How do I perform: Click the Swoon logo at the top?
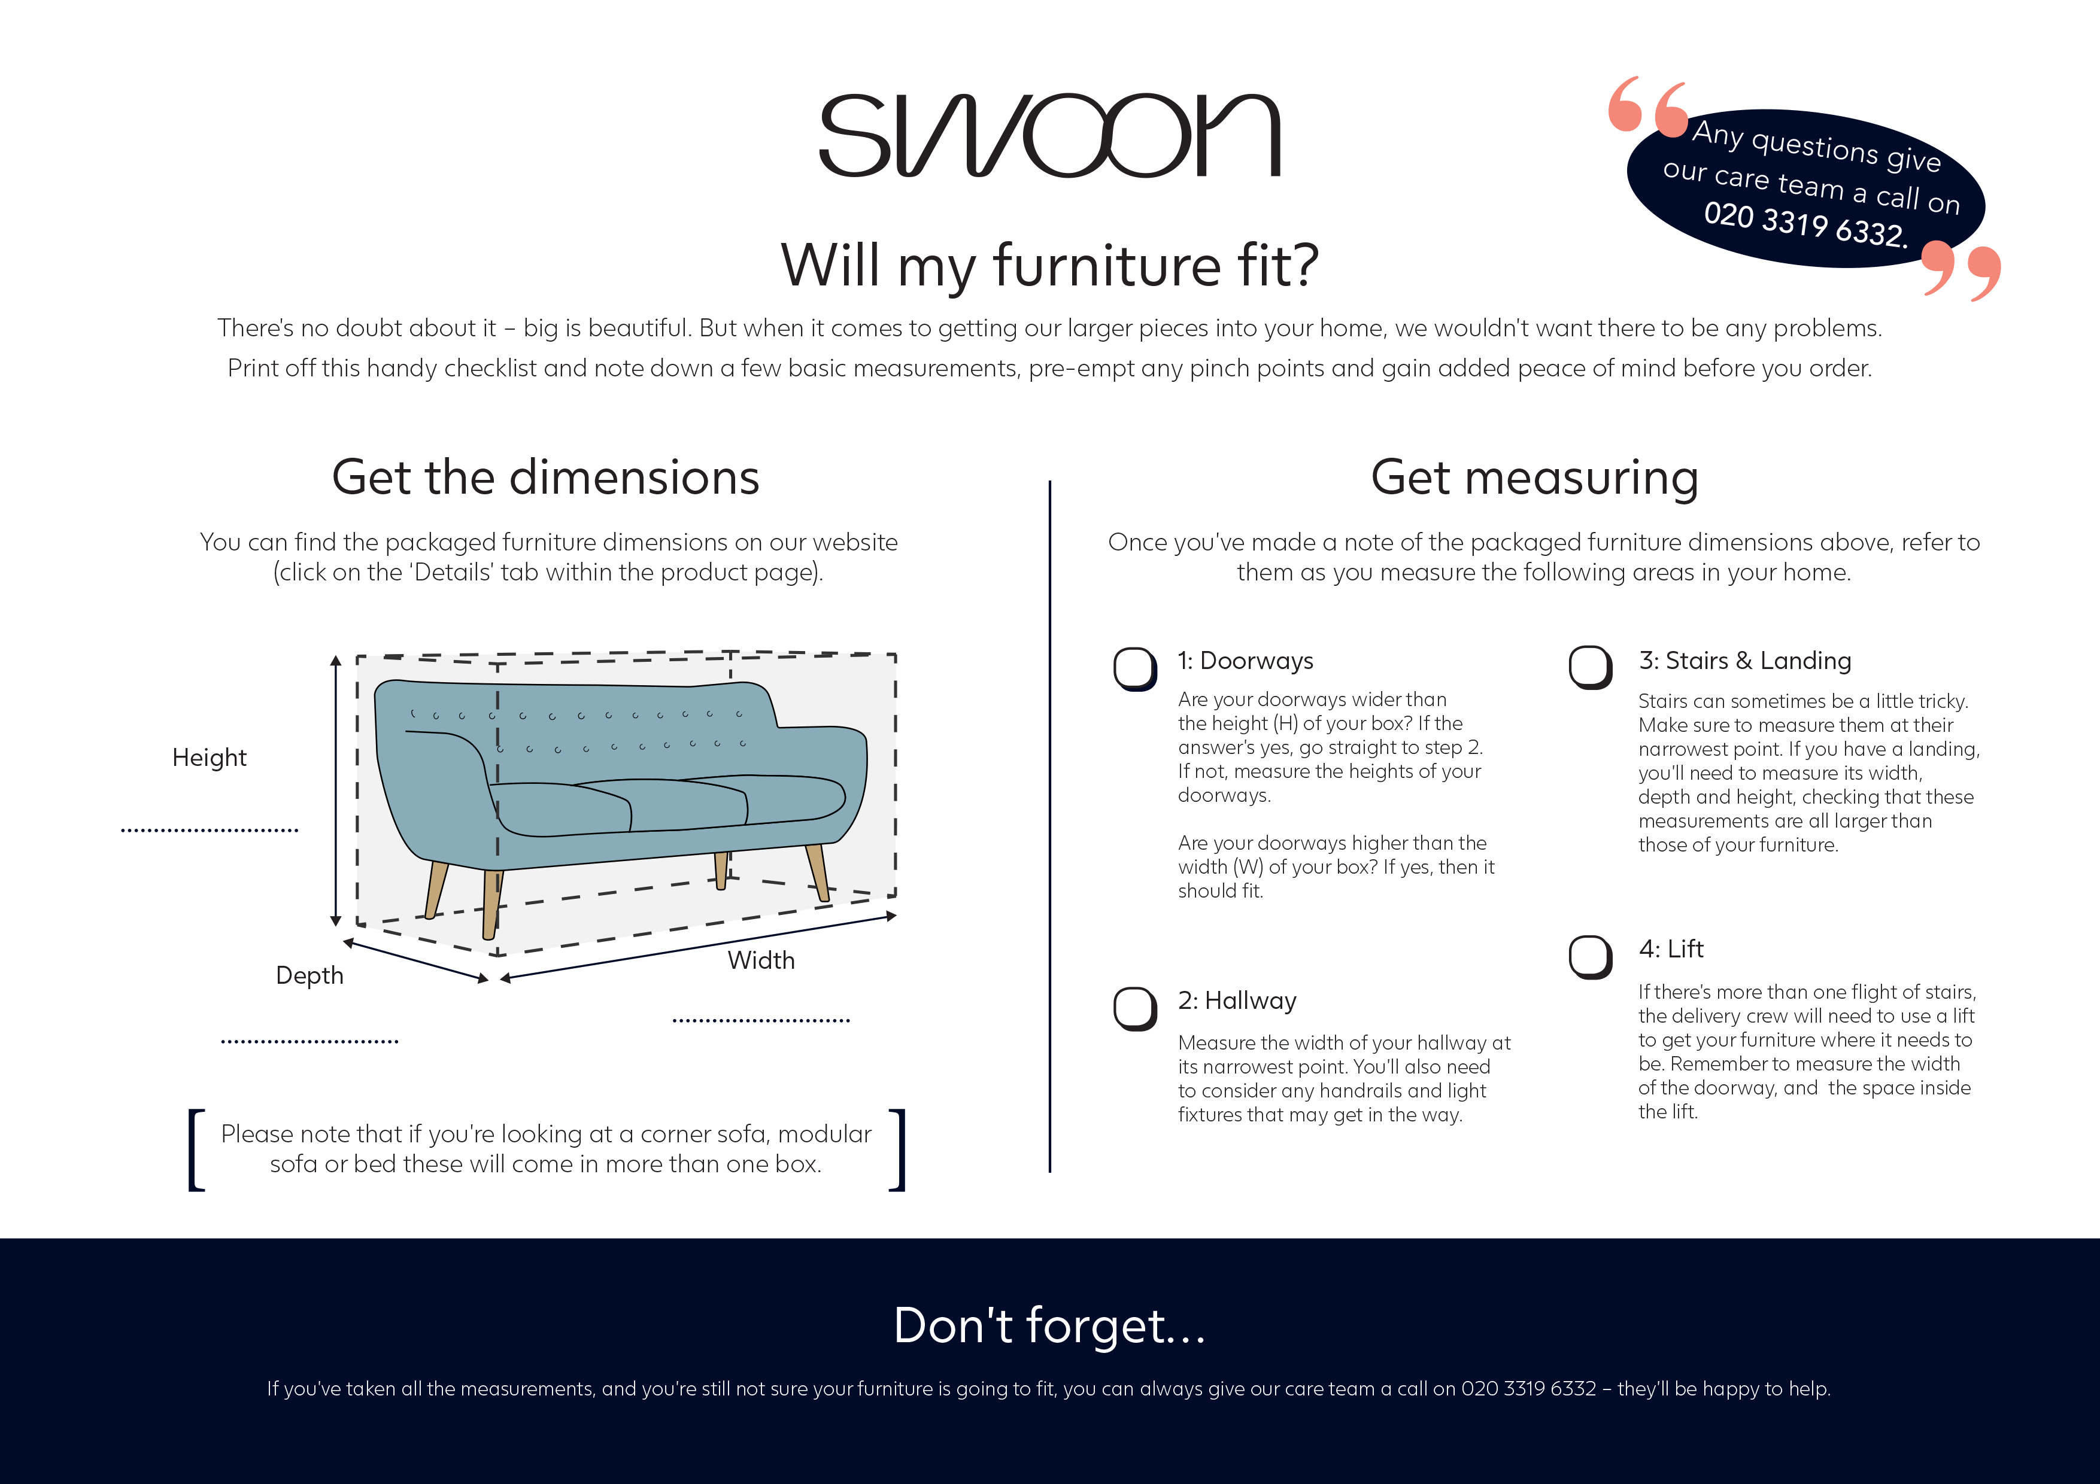(1049, 135)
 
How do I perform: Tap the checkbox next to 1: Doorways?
(1135, 668)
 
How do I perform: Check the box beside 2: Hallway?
(1135, 1008)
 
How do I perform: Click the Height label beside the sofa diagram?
(210, 758)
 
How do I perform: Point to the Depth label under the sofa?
(309, 975)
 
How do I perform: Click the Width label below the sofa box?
(761, 960)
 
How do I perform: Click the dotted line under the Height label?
(210, 830)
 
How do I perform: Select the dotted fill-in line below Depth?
(309, 1041)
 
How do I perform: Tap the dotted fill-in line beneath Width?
(761, 1020)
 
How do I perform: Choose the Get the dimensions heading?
(545, 478)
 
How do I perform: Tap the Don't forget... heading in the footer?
(1049, 1326)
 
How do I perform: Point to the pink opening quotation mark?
(1647, 105)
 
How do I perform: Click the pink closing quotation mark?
(1961, 270)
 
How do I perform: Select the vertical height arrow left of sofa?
(336, 791)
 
